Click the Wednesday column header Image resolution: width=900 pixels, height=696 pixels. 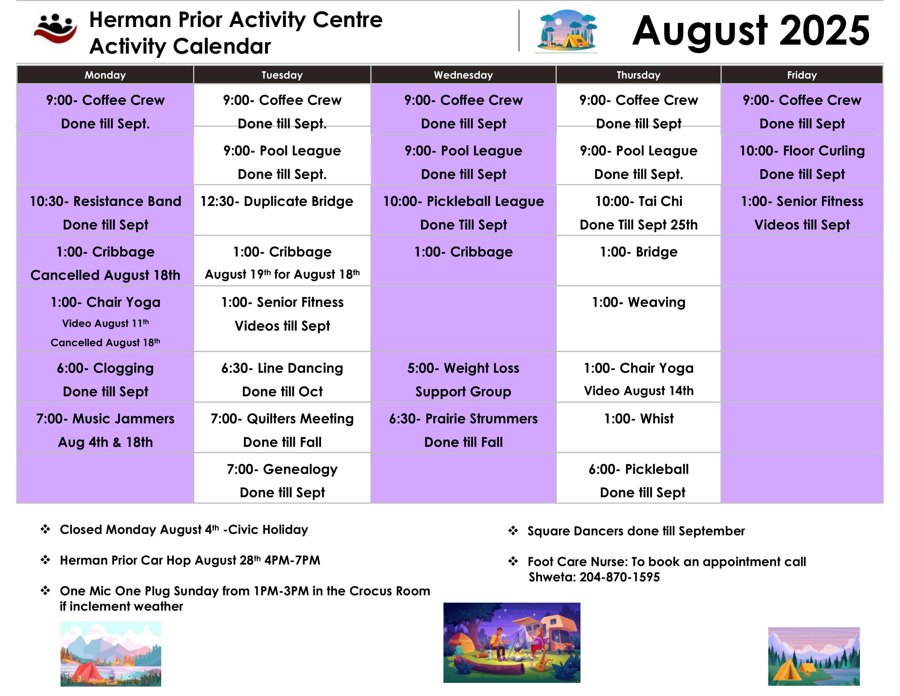click(x=463, y=75)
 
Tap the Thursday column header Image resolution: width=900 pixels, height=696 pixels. click(x=638, y=75)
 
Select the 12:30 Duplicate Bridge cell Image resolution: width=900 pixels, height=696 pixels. click(x=282, y=210)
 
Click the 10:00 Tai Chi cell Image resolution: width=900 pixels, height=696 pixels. click(x=638, y=210)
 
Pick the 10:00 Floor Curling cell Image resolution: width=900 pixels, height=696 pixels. click(x=802, y=160)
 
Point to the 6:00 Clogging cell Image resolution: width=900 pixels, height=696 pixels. click(x=106, y=377)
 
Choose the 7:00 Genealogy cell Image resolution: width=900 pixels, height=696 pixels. click(x=282, y=478)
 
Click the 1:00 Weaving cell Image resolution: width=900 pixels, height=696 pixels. click(x=638, y=319)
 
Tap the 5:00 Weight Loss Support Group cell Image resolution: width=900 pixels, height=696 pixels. click(x=463, y=377)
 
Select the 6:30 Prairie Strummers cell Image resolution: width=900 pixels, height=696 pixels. click(x=463, y=427)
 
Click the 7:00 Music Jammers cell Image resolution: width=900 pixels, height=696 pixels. click(x=106, y=427)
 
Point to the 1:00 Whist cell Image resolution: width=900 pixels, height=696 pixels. click(x=638, y=427)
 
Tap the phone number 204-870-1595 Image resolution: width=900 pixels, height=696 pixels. click(x=619, y=577)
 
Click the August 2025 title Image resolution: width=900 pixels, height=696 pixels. click(x=751, y=32)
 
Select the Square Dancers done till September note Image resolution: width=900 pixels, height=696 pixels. click(x=636, y=531)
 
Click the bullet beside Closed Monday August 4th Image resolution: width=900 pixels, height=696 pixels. click(x=45, y=529)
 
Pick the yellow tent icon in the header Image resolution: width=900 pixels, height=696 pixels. click(x=576, y=41)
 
